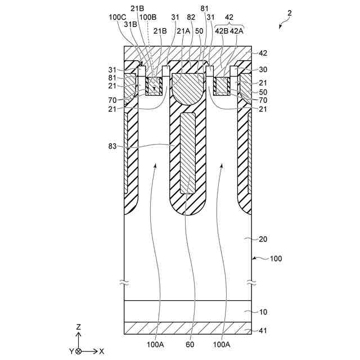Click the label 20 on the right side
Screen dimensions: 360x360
click(x=263, y=238)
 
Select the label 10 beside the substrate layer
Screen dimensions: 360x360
click(x=263, y=312)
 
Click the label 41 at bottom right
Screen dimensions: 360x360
click(x=263, y=330)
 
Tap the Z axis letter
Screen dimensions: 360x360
click(x=79, y=326)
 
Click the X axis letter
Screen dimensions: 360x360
click(x=102, y=351)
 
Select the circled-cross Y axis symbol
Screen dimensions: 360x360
click(x=79, y=351)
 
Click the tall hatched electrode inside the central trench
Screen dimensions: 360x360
click(x=187, y=152)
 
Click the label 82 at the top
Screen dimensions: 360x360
click(x=191, y=17)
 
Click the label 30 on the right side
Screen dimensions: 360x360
click(x=263, y=71)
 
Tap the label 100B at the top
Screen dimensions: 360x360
click(x=148, y=17)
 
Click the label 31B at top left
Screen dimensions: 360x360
click(x=130, y=24)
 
